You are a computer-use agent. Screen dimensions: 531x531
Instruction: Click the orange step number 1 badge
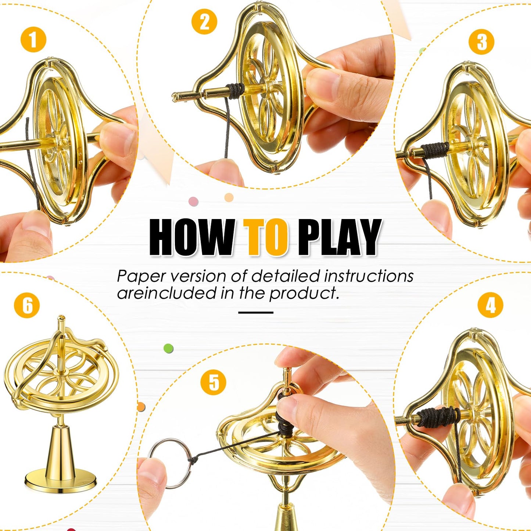tap(33, 40)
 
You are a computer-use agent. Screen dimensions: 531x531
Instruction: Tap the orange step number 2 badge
tap(204, 21)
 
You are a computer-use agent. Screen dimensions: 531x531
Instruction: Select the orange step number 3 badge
tap(481, 42)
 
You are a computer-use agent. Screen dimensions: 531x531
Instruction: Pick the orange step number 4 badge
tap(490, 305)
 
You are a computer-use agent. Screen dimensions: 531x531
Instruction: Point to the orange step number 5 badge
tap(213, 383)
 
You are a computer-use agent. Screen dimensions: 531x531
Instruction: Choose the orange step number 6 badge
tap(27, 305)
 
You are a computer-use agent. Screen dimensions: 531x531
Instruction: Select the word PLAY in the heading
tap(339, 237)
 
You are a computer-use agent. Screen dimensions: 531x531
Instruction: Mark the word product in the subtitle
tap(304, 294)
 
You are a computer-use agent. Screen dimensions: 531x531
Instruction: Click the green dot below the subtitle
tap(168, 348)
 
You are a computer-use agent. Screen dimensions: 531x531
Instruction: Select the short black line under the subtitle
tap(256, 312)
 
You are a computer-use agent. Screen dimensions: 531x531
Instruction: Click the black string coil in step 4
tap(439, 417)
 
